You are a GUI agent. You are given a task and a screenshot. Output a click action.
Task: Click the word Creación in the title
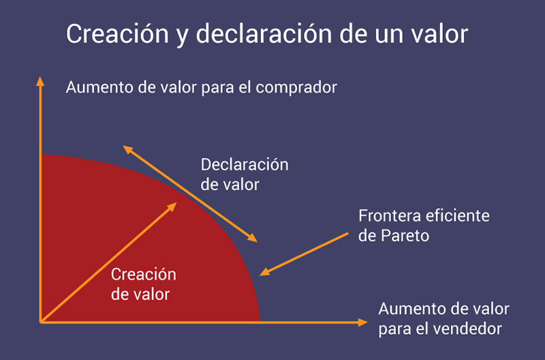pos(117,33)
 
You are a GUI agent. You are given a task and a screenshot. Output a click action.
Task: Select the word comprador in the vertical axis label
pos(296,88)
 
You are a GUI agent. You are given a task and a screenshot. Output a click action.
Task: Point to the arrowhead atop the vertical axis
pos(40,81)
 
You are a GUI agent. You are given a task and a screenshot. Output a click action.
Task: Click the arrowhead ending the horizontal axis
pos(362,322)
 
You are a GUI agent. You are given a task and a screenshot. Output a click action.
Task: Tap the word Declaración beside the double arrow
pos(245,164)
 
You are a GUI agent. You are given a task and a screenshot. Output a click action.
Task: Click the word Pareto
pos(405,236)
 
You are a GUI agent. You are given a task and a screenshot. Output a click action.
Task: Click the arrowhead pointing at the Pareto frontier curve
pos(265,271)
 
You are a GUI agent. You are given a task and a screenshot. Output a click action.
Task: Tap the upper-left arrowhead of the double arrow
pos(127,149)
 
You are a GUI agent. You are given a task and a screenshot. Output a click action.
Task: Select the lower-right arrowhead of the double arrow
pos(252,238)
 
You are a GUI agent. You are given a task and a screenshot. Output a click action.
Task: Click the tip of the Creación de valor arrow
pos(177,202)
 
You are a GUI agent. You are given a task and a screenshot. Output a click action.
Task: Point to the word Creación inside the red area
pos(144,275)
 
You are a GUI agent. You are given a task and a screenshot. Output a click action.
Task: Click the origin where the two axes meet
pos(41,322)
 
